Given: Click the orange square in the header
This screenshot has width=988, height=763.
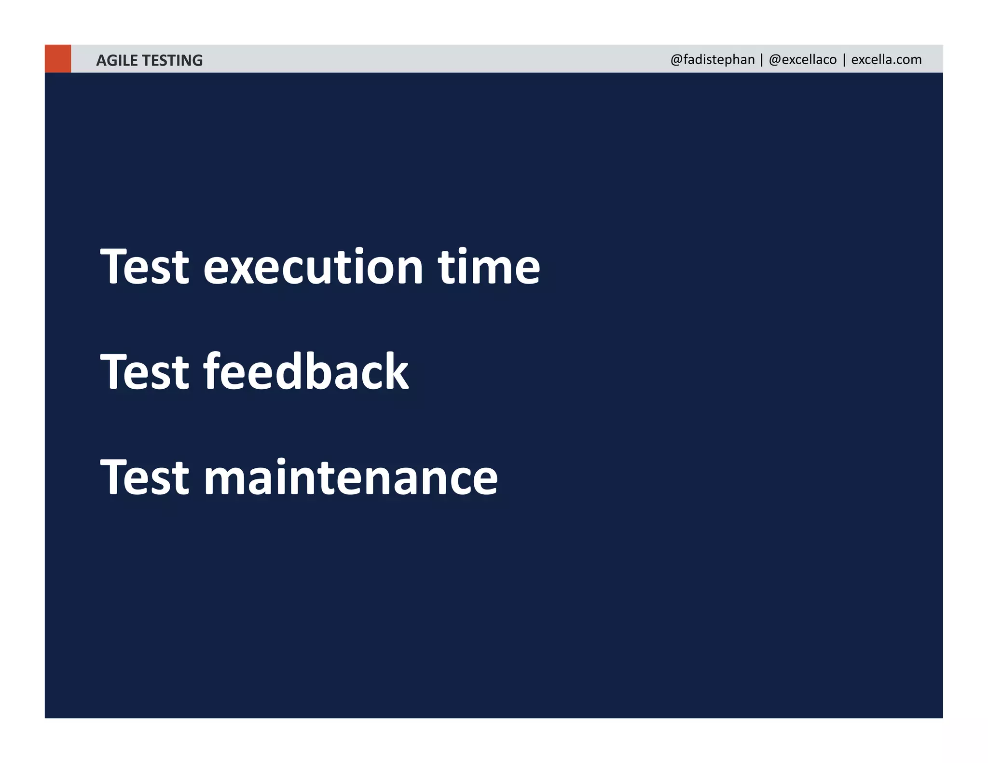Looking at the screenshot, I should tap(57, 59).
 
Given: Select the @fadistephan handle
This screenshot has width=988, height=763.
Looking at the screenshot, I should tap(712, 60).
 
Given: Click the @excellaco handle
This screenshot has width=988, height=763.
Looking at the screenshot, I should tap(803, 60).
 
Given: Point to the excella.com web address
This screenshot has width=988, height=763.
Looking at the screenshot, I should tap(886, 60).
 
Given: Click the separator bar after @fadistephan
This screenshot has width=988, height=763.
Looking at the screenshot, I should tap(762, 60).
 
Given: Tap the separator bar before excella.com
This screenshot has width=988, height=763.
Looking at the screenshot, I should tap(844, 60).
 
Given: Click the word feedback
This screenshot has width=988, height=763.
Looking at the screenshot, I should tap(306, 371).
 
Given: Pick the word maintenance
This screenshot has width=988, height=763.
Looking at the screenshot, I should tap(351, 477).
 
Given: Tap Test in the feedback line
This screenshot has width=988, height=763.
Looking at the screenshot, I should tap(144, 371).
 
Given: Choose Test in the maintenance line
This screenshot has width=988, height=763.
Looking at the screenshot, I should tap(144, 477).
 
